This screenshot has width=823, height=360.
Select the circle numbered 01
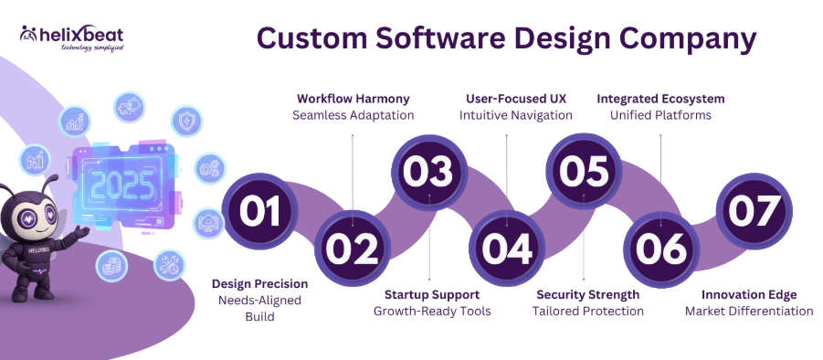(x=259, y=211)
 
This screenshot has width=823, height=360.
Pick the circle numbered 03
(x=429, y=172)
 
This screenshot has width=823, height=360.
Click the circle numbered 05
(x=584, y=172)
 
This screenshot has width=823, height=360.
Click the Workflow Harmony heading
(x=353, y=98)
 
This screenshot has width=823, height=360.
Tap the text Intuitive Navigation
(x=515, y=115)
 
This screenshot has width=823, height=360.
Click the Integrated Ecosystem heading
(x=660, y=98)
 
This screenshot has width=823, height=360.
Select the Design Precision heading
(x=259, y=283)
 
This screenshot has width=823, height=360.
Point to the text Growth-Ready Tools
(x=432, y=311)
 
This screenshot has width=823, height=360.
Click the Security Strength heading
(x=587, y=294)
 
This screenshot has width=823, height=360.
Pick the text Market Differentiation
(x=749, y=311)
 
